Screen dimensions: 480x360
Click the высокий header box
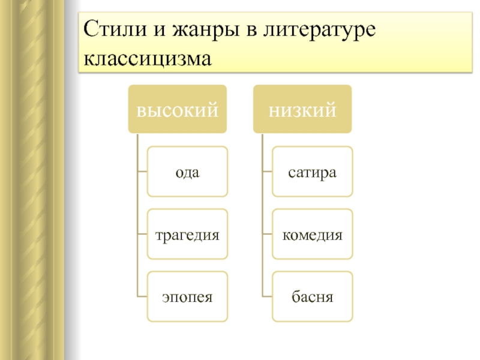pos(178,109)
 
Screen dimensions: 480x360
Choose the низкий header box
pos(302,109)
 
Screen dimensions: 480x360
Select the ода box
pos(187,172)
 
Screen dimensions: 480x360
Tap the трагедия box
pos(187,234)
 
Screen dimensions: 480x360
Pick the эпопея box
pos(187,296)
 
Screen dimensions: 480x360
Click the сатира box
pos(312,172)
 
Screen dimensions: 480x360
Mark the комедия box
pos(312,234)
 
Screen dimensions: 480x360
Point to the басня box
pos(312,296)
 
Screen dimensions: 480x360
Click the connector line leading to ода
pos(142,172)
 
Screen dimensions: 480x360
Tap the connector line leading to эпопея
pos(142,296)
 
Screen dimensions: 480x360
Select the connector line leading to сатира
pos(267,172)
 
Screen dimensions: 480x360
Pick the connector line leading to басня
pos(267,296)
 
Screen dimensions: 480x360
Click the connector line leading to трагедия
pos(142,235)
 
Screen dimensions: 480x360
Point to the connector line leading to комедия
pos(267,235)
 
